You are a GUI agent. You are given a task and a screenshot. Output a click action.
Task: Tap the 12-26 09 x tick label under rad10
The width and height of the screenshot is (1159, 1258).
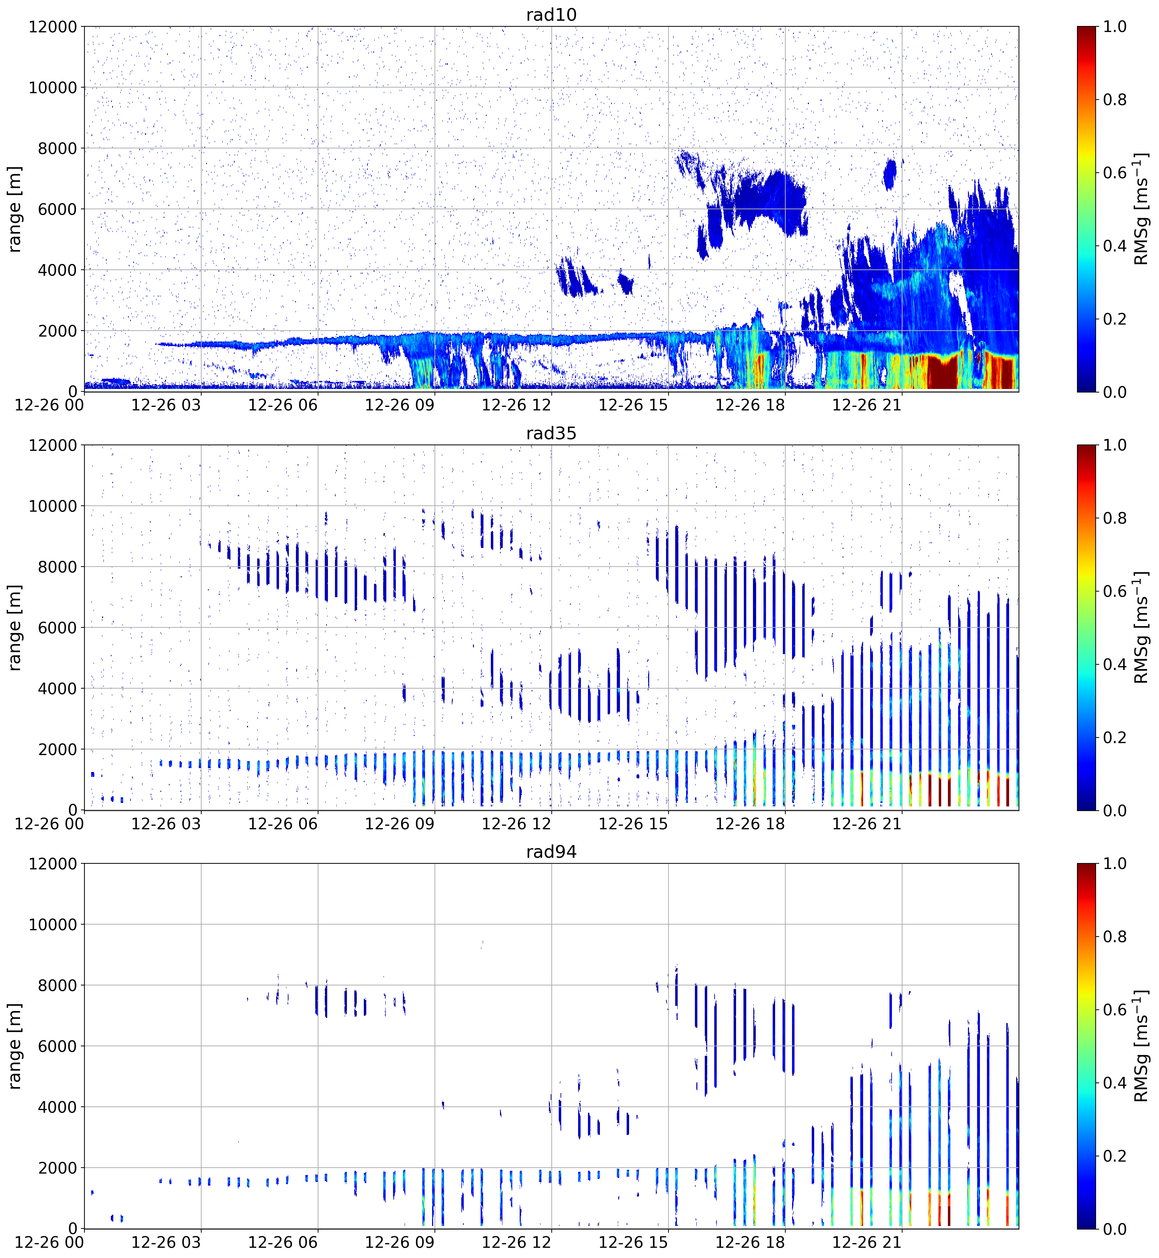tap(399, 405)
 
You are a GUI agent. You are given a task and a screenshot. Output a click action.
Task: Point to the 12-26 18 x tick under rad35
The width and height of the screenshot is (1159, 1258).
tap(750, 824)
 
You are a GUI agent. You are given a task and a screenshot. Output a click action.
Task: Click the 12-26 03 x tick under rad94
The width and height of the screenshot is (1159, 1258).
tap(166, 1242)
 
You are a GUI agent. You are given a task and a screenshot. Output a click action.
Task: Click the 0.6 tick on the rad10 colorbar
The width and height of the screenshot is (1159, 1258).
tap(1114, 173)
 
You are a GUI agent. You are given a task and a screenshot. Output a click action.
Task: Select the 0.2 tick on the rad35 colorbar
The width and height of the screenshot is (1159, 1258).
tap(1114, 738)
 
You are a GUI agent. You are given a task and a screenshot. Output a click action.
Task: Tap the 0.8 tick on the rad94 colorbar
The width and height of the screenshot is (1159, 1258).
tap(1114, 937)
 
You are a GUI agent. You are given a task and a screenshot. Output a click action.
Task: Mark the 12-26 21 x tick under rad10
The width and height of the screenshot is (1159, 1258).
tap(867, 405)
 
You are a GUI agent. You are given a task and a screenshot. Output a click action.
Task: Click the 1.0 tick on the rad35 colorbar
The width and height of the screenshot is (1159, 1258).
tap(1114, 445)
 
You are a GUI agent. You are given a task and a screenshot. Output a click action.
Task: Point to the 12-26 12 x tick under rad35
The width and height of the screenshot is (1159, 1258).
tap(516, 824)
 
